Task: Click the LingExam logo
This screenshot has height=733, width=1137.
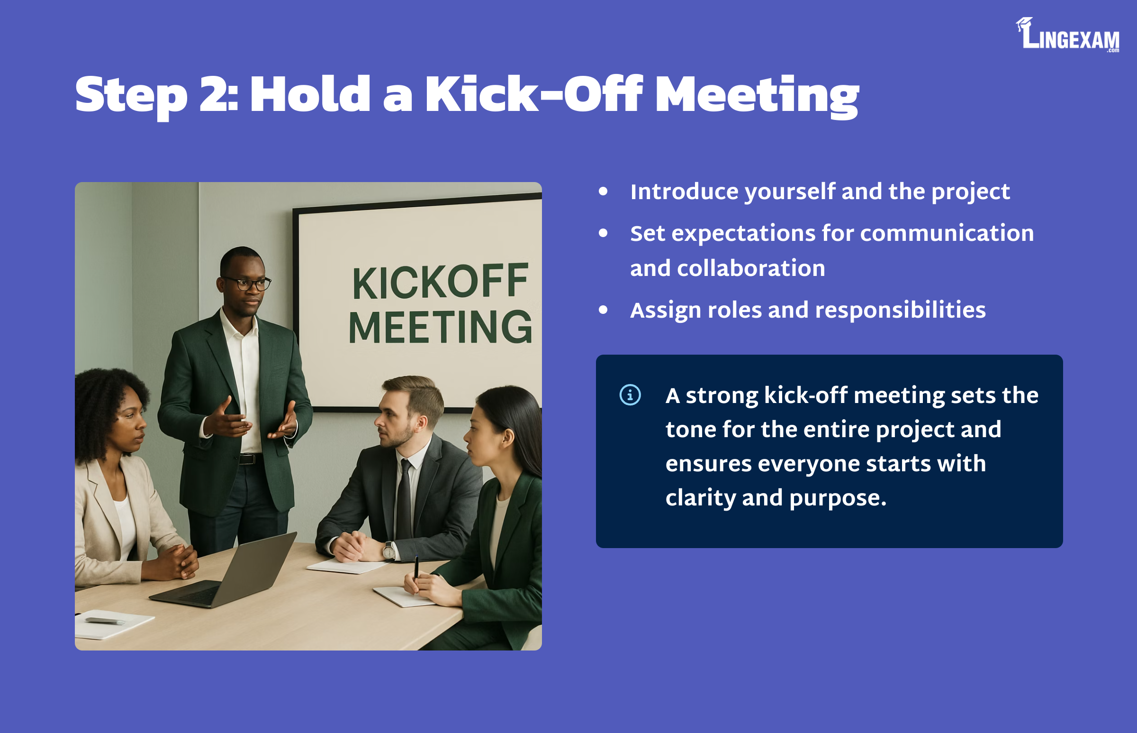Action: tap(1067, 35)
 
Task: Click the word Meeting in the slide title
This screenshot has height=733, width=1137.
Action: tap(757, 97)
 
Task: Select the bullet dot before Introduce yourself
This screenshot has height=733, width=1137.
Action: tap(603, 192)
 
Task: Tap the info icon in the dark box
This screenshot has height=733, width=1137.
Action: tap(630, 395)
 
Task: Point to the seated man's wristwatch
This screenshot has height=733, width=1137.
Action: tap(389, 551)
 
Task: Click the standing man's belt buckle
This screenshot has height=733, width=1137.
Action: tap(248, 459)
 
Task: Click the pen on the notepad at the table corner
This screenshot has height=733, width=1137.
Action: tap(104, 621)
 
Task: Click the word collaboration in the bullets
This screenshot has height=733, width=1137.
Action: tap(751, 268)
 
